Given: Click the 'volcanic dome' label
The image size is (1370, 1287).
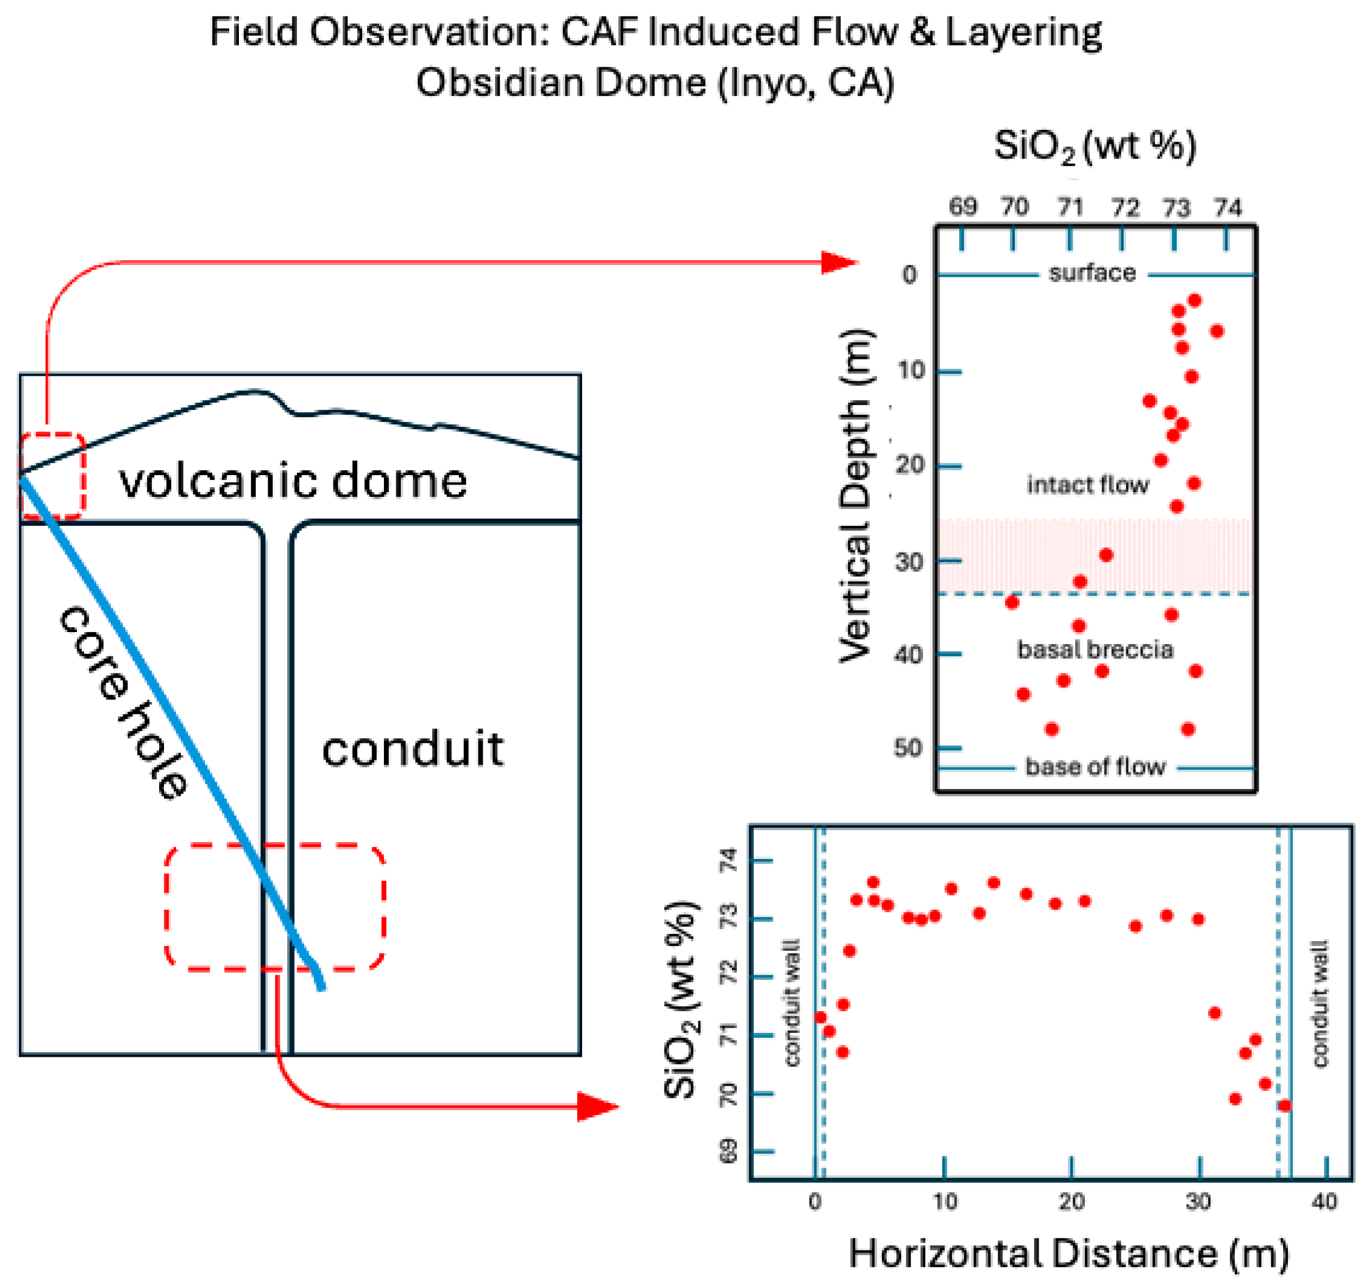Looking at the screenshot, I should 293,481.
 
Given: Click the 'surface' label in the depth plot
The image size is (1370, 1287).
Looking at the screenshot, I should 1093,274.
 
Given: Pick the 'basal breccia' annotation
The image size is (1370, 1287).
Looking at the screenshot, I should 1095,649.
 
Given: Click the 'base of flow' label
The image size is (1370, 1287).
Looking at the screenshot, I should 1095,767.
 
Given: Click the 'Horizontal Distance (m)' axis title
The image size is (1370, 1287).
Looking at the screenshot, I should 1069,1253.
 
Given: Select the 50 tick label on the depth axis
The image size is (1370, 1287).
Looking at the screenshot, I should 908,748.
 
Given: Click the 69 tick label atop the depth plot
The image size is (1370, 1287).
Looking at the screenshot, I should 962,206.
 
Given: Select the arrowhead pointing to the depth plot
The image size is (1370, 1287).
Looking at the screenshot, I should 839,263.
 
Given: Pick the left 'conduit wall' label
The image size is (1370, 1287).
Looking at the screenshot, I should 792,1003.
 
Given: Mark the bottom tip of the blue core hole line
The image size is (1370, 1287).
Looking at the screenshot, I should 321,988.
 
